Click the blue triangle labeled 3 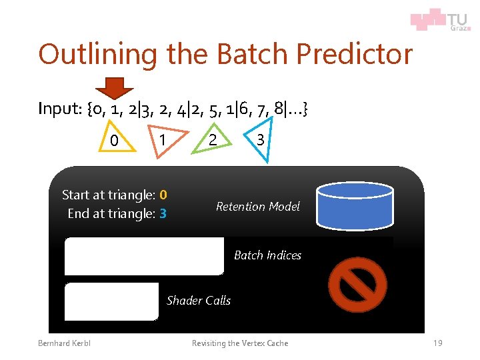[x=261, y=142]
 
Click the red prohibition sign [x=358, y=284]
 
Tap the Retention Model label [x=257, y=207]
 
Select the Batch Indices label [x=267, y=255]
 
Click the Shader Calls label [x=199, y=301]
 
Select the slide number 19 [x=437, y=343]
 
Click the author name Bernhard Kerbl [x=64, y=343]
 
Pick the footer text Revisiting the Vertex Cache [x=240, y=343]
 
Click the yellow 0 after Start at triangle [x=163, y=195]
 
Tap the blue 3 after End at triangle [x=163, y=214]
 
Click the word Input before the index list [x=59, y=108]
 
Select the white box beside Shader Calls [x=112, y=301]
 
